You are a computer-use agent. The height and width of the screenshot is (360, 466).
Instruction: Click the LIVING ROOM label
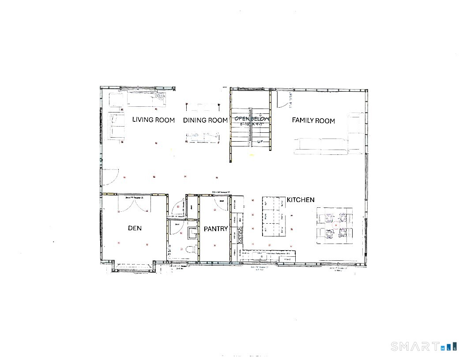click(x=154, y=120)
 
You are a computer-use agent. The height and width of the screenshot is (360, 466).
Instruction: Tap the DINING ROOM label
click(x=205, y=120)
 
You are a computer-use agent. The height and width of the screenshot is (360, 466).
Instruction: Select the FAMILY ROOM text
click(x=313, y=120)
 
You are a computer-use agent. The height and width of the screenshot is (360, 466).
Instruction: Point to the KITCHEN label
click(x=301, y=200)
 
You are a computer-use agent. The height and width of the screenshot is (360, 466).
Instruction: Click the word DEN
click(x=135, y=228)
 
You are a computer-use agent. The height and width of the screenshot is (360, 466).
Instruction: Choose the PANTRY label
click(x=216, y=229)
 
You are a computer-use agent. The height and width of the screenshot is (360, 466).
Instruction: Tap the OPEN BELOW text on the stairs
click(x=252, y=119)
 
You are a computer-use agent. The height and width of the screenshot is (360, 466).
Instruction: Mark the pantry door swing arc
click(x=220, y=202)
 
